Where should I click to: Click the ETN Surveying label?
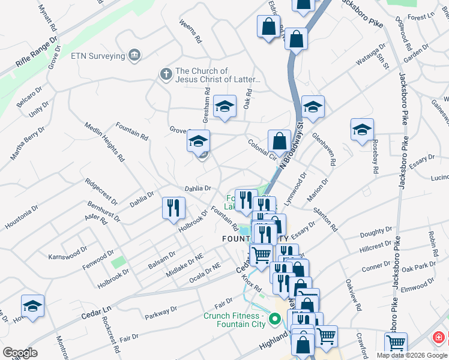pyautogui.click(x=97, y=56)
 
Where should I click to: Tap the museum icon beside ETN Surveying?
pyautogui.click(x=134, y=56)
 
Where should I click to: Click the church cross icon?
pyautogui.click(x=166, y=74)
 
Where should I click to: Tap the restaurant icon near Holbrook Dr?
pyautogui.click(x=173, y=208)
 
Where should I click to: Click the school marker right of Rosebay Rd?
pyautogui.click(x=362, y=130)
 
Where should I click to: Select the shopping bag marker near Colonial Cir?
pyautogui.click(x=279, y=142)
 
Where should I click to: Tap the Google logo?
pyautogui.click(x=20, y=353)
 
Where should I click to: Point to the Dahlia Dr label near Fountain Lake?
pyautogui.click(x=197, y=188)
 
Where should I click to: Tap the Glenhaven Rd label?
pyautogui.click(x=324, y=149)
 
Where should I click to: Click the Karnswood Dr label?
pyautogui.click(x=67, y=251)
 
